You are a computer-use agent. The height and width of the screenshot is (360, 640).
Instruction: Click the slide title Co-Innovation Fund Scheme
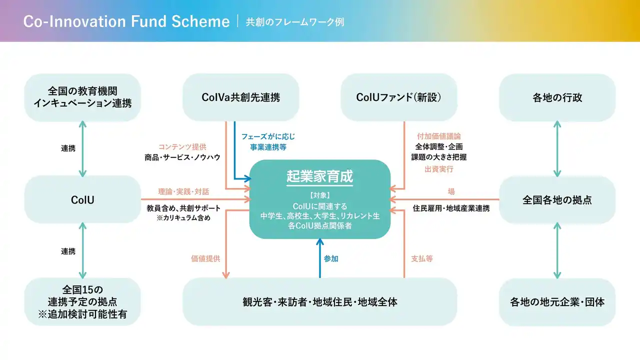[x=126, y=21]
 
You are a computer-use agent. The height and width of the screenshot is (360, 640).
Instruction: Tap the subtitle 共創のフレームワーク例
[x=295, y=22]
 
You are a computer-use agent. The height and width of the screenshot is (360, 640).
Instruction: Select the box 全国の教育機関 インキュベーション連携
[x=82, y=97]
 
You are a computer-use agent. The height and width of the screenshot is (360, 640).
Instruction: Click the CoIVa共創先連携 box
[x=240, y=97]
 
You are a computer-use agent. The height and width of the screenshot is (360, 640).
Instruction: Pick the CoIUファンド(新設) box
[x=398, y=97]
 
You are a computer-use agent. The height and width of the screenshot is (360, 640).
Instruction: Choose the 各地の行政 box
[x=557, y=97]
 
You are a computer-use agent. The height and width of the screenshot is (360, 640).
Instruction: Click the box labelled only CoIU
[x=82, y=199]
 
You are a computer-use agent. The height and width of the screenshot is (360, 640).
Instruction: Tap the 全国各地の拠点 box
[x=557, y=199]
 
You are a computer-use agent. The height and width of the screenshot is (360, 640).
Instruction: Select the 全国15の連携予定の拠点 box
[x=82, y=302]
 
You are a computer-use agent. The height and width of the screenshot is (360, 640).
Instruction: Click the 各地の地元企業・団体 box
[x=557, y=302]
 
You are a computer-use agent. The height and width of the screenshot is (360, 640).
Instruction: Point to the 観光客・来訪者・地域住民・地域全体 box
[x=319, y=302]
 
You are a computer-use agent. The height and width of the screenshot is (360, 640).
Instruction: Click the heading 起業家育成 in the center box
[x=319, y=176]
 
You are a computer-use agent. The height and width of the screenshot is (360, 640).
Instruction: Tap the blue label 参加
[x=331, y=258]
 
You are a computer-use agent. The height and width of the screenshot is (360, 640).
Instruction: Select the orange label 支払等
[x=421, y=258]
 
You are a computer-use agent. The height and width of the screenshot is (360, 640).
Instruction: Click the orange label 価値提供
[x=205, y=258]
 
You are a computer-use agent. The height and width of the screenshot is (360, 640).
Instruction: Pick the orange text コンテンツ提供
[x=181, y=146]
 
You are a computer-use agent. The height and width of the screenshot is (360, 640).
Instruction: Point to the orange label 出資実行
[x=438, y=169]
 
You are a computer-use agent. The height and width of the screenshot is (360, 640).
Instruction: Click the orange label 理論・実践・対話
[x=183, y=191]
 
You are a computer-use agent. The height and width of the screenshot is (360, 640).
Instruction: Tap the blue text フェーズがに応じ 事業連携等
[x=268, y=141]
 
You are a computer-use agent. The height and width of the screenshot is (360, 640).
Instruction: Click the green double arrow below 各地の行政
[x=557, y=148]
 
